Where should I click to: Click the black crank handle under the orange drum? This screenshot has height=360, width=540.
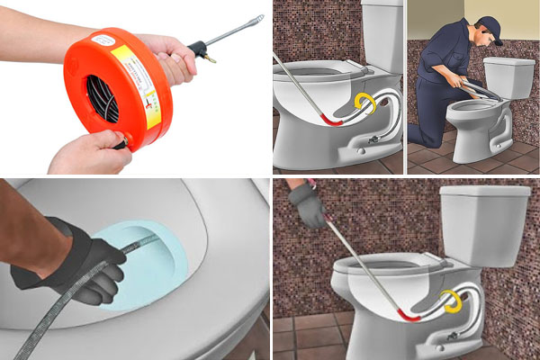(x=119, y=143)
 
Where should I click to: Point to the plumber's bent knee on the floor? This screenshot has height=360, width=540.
(x=421, y=135)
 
